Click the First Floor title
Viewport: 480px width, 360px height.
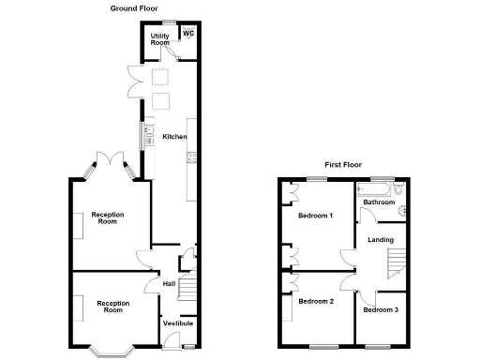point(343,164)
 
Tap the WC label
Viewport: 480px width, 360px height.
point(187,34)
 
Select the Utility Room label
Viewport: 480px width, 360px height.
point(160,39)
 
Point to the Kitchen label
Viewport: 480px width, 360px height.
point(174,137)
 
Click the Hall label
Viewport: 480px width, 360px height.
point(169,283)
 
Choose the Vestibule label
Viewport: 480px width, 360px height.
point(178,323)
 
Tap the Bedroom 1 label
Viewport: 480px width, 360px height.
point(315,216)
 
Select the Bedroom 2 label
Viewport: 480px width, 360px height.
point(315,301)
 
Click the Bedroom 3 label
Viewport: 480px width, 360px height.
point(381,309)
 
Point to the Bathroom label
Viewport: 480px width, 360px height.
point(379,202)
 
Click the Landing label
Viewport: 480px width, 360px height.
point(381,240)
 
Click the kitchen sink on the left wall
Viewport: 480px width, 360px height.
point(147,137)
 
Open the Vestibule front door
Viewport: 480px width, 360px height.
point(187,348)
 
